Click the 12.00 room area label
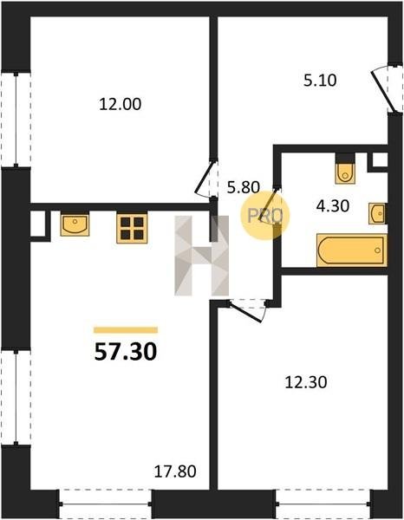pyautogui.click(x=120, y=104)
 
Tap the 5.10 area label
pyautogui.click(x=320, y=81)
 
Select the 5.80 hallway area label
pyautogui.click(x=243, y=188)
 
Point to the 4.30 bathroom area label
pyautogui.click(x=333, y=206)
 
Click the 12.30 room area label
pyautogui.click(x=306, y=382)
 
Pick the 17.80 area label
pyautogui.click(x=175, y=471)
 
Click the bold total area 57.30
pyautogui.click(x=126, y=352)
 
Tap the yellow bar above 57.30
pyautogui.click(x=126, y=330)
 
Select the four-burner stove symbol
pyautogui.click(x=132, y=228)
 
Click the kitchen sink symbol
pyautogui.click(x=75, y=224)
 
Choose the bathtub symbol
pyautogui.click(x=352, y=250)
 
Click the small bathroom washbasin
pyautogui.click(x=377, y=213)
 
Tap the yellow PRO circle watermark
pyautogui.click(x=264, y=216)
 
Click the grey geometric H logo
pyautogui.click(x=202, y=256)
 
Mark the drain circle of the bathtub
pyautogui.click(x=378, y=250)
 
